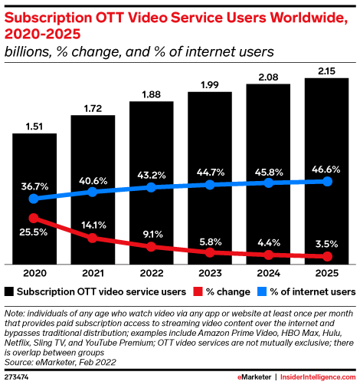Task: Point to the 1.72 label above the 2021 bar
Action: pos(93,106)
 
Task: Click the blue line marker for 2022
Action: pos(151,187)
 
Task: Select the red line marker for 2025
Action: pos(327,256)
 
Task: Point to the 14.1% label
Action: pos(93,225)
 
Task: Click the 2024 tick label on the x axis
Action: pos(268,273)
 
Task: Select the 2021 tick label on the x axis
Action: pos(93,273)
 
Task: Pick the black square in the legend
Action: pos(9,291)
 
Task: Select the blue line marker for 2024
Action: pos(268,183)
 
